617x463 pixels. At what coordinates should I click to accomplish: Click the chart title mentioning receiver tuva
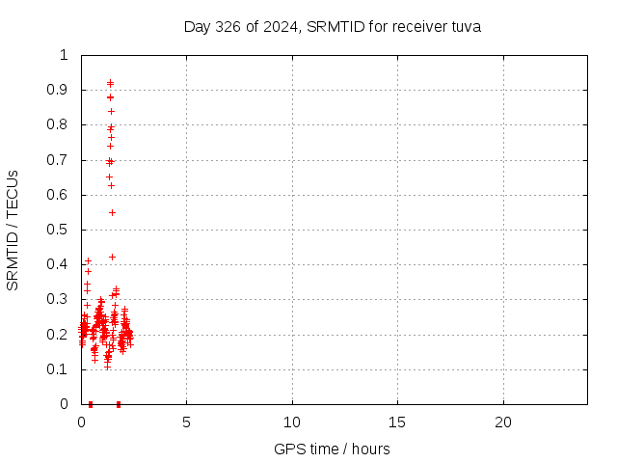tap(332, 26)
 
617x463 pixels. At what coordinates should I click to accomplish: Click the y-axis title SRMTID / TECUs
tap(13, 230)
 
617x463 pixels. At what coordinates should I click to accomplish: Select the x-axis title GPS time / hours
tap(332, 449)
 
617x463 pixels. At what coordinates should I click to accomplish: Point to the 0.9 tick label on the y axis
tap(59, 90)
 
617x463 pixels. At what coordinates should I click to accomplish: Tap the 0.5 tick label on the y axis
tap(59, 230)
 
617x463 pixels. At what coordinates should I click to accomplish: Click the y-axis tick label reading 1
tap(65, 55)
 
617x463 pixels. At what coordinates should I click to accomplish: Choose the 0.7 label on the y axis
tap(59, 160)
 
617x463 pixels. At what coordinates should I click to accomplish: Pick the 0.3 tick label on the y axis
tap(59, 300)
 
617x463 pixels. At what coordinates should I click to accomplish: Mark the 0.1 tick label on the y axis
tap(59, 369)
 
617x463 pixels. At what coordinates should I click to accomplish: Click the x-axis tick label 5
tap(187, 422)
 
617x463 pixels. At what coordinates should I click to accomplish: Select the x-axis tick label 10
tap(292, 422)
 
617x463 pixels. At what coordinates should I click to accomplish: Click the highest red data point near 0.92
tap(110, 82)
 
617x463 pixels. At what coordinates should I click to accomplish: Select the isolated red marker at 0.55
tap(112, 212)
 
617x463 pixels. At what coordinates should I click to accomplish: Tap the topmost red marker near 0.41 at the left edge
tap(88, 260)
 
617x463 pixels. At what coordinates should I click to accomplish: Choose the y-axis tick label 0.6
tap(59, 195)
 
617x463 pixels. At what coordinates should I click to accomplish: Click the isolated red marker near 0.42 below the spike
tap(112, 257)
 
